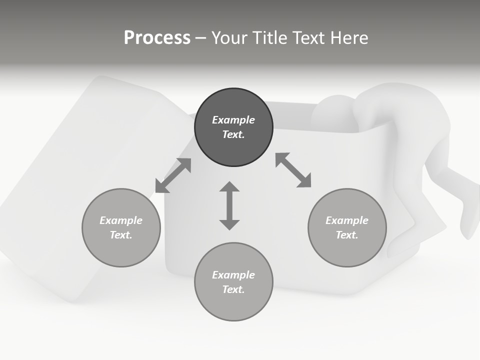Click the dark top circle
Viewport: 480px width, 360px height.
tap(233, 127)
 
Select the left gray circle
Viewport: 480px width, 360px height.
tap(121, 227)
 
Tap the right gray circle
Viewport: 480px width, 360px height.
tap(347, 227)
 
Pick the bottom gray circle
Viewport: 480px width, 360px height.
tap(233, 282)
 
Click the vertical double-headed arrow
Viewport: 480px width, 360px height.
tap(229, 205)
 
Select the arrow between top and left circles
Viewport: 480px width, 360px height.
tap(173, 175)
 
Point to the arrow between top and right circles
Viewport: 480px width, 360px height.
tap(293, 170)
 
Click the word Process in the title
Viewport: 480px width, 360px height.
tap(157, 38)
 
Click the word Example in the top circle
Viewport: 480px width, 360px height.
tap(233, 120)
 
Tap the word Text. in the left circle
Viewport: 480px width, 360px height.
tap(121, 235)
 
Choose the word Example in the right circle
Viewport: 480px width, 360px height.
tap(347, 220)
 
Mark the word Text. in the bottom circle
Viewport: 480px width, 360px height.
tap(233, 289)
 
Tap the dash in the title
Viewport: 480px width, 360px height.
tap(200, 38)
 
